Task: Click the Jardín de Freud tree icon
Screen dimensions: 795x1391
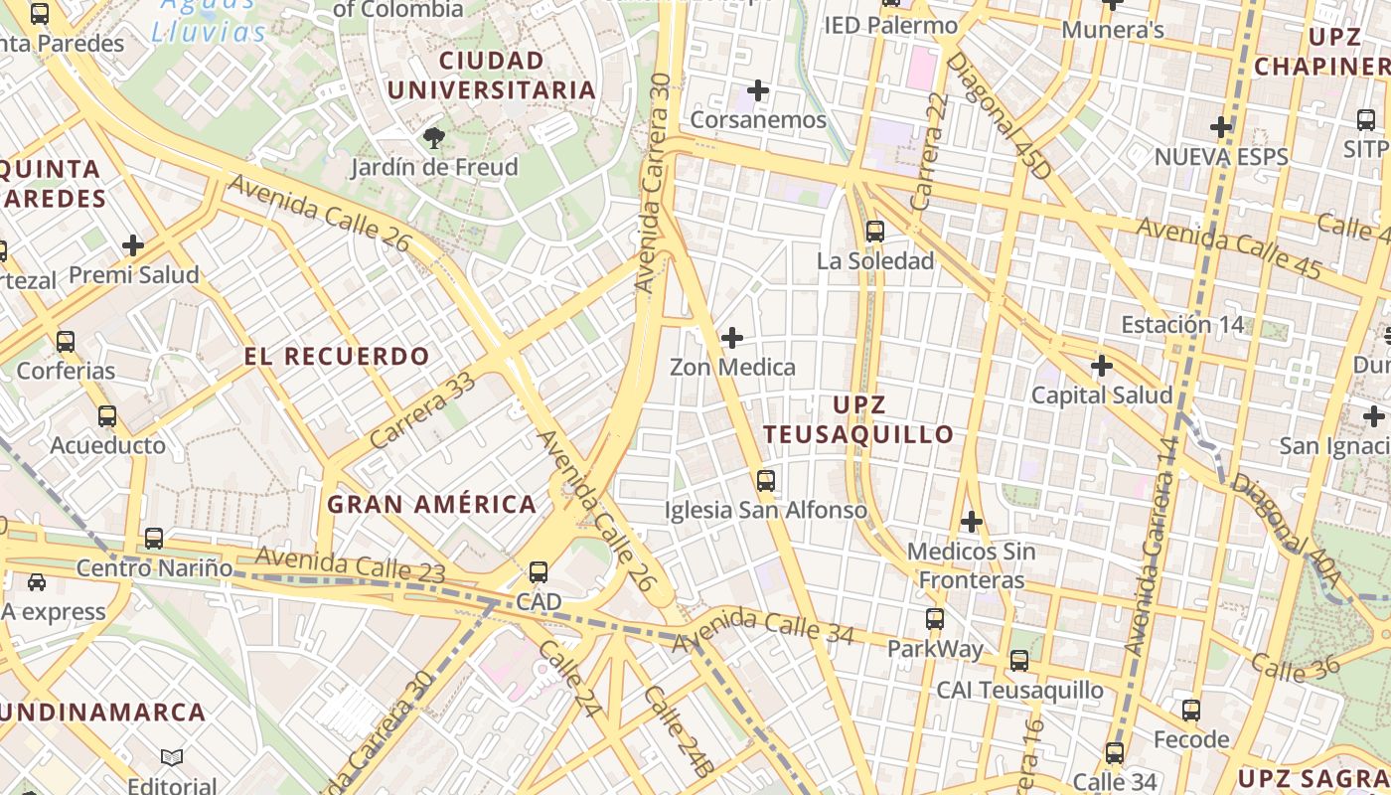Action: (433, 138)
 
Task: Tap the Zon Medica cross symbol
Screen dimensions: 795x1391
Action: (732, 338)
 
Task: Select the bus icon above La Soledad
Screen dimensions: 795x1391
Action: (875, 232)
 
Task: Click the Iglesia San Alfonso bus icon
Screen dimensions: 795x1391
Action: (766, 481)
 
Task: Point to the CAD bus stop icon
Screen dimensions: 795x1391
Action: (539, 572)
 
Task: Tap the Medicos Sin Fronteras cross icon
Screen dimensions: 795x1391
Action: (972, 522)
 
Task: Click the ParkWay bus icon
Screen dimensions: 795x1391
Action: (935, 619)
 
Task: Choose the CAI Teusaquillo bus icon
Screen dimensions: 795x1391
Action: (1019, 660)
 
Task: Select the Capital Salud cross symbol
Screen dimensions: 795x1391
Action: (1102, 366)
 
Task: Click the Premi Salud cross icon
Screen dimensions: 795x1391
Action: (133, 245)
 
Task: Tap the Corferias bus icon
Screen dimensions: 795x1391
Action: (66, 342)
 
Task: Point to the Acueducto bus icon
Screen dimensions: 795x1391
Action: (107, 416)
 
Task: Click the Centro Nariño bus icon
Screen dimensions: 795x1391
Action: (154, 539)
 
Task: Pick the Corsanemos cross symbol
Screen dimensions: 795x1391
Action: (758, 91)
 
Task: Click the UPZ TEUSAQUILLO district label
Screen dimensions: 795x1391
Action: (858, 419)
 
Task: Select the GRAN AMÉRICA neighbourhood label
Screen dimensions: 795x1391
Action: (432, 505)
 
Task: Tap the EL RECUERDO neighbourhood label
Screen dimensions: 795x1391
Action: (337, 356)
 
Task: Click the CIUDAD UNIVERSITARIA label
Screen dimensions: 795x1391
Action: (491, 76)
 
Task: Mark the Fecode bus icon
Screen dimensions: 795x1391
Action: (1191, 711)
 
